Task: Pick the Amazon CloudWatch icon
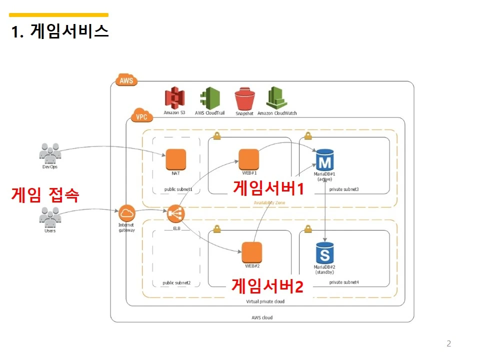click(276, 97)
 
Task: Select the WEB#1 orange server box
click(248, 159)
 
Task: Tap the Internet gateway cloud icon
click(126, 213)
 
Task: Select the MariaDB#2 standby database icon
click(324, 253)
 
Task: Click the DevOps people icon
click(50, 153)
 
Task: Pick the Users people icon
click(50, 217)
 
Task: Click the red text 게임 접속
click(44, 194)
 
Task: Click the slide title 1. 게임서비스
click(60, 31)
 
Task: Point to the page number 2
click(448, 343)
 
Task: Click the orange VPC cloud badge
click(139, 116)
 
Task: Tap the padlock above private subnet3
click(308, 135)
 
